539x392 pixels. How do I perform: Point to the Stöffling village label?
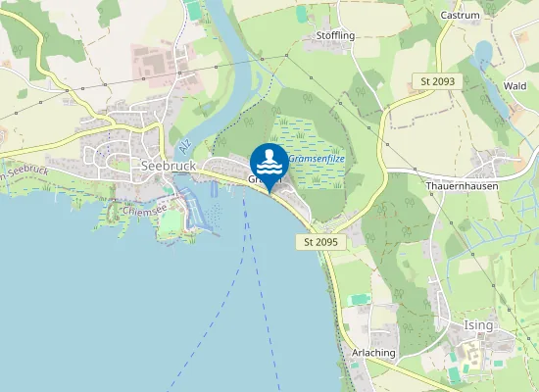click(x=335, y=35)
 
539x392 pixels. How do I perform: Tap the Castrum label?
click(x=460, y=16)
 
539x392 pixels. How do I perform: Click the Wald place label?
click(x=514, y=86)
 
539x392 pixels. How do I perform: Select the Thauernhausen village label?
click(x=463, y=186)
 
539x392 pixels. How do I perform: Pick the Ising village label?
click(x=478, y=324)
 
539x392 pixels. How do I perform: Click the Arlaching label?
click(x=371, y=352)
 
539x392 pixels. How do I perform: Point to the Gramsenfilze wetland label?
click(x=317, y=158)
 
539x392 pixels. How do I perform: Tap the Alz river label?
click(x=183, y=147)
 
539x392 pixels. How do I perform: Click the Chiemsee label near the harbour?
click(x=144, y=210)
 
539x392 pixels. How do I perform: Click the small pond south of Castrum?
click(x=482, y=54)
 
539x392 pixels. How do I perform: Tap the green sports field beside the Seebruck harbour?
click(x=172, y=222)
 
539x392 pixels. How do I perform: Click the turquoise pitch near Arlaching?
click(x=361, y=298)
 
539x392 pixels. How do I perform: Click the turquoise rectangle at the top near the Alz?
click(x=193, y=10)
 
